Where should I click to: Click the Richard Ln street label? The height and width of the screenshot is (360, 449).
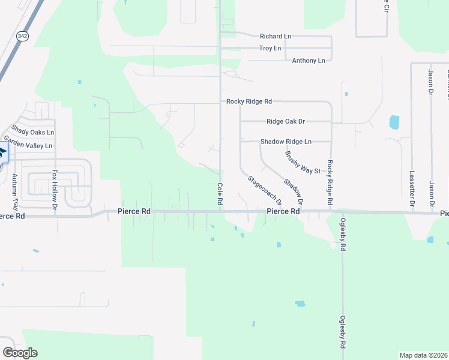click(275, 37)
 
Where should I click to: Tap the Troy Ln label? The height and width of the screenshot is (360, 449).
click(270, 48)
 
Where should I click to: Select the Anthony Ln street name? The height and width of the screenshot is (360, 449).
click(308, 61)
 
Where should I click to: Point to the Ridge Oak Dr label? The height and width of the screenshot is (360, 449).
click(286, 121)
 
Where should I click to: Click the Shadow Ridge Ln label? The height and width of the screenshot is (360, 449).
click(286, 142)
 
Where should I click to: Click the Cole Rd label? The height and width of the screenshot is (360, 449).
click(220, 195)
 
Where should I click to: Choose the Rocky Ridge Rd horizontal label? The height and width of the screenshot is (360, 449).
click(249, 102)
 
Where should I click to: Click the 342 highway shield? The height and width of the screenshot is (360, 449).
click(22, 36)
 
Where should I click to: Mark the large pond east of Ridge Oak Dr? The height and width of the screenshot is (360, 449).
click(394, 122)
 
